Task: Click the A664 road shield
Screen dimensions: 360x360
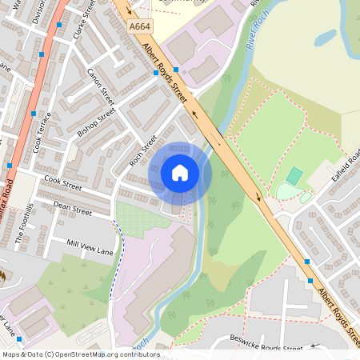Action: (x=139, y=26)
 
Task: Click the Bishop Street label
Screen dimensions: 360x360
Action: (x=97, y=124)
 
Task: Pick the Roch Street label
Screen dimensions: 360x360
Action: (x=143, y=149)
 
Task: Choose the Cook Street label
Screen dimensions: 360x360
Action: (x=63, y=185)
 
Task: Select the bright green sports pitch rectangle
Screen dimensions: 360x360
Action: (x=294, y=175)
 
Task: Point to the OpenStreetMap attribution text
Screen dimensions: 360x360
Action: (x=80, y=354)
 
